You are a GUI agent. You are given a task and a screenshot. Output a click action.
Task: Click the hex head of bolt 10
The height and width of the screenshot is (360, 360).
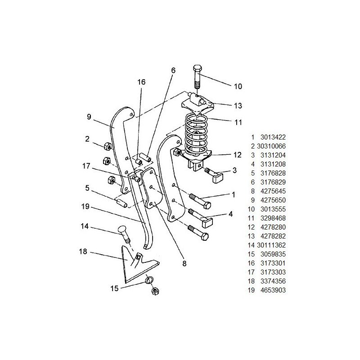click(x=198, y=68)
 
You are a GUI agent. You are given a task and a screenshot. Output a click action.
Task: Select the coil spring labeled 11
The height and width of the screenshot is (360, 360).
click(x=197, y=134)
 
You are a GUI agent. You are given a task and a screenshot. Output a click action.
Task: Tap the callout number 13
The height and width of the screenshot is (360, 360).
click(x=238, y=106)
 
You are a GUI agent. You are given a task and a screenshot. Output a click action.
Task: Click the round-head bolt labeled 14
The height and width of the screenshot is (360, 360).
click(x=124, y=234)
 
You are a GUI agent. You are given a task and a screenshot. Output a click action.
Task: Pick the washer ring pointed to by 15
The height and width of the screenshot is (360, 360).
click(x=149, y=280)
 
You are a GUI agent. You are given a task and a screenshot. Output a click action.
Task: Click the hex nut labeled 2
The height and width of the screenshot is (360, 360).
click(x=107, y=146)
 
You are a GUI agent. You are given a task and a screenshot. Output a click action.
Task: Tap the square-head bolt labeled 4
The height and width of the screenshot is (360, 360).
click(x=201, y=218)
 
